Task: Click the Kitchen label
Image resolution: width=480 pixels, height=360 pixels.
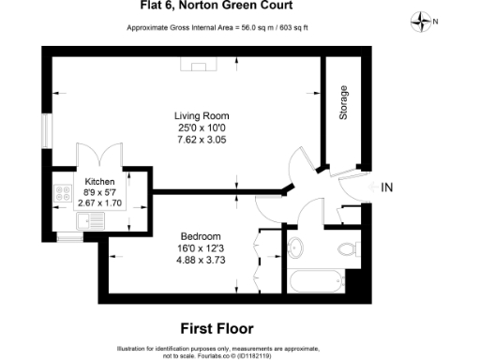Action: pyautogui.click(x=100, y=180)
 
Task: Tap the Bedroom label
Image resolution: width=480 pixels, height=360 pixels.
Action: pyautogui.click(x=201, y=235)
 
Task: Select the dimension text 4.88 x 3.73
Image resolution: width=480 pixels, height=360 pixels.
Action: pyautogui.click(x=201, y=260)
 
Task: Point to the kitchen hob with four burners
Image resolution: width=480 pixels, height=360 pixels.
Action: pyautogui.click(x=65, y=194)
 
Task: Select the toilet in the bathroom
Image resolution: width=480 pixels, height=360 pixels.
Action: pyautogui.click(x=349, y=248)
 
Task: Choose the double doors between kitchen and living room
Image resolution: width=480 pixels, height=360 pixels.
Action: pyautogui.click(x=98, y=156)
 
